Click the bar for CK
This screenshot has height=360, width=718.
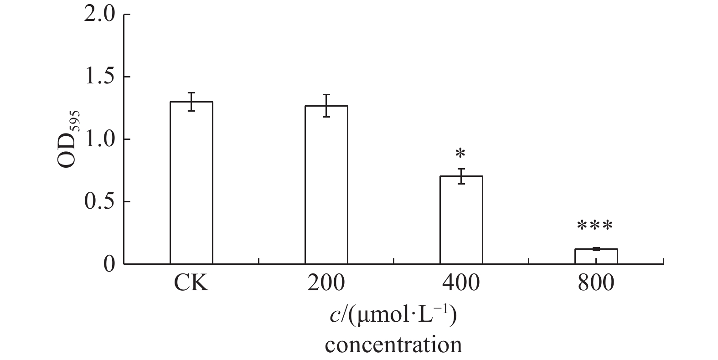coord(191,182)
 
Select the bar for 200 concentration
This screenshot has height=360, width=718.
coord(326,185)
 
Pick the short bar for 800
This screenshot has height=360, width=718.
coord(596,256)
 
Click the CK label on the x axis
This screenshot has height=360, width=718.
coord(191,283)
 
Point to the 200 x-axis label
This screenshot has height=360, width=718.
coord(326,283)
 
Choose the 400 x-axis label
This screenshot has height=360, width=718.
coord(461,283)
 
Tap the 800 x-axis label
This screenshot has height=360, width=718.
coord(596,283)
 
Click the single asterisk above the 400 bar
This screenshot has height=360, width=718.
coord(461,154)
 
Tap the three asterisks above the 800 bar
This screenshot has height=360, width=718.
coord(595,226)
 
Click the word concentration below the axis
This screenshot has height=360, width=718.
coord(393,345)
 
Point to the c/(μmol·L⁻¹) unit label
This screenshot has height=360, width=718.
coord(393,315)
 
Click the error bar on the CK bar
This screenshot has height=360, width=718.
coord(191,102)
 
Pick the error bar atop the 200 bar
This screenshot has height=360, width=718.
coord(326,105)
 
